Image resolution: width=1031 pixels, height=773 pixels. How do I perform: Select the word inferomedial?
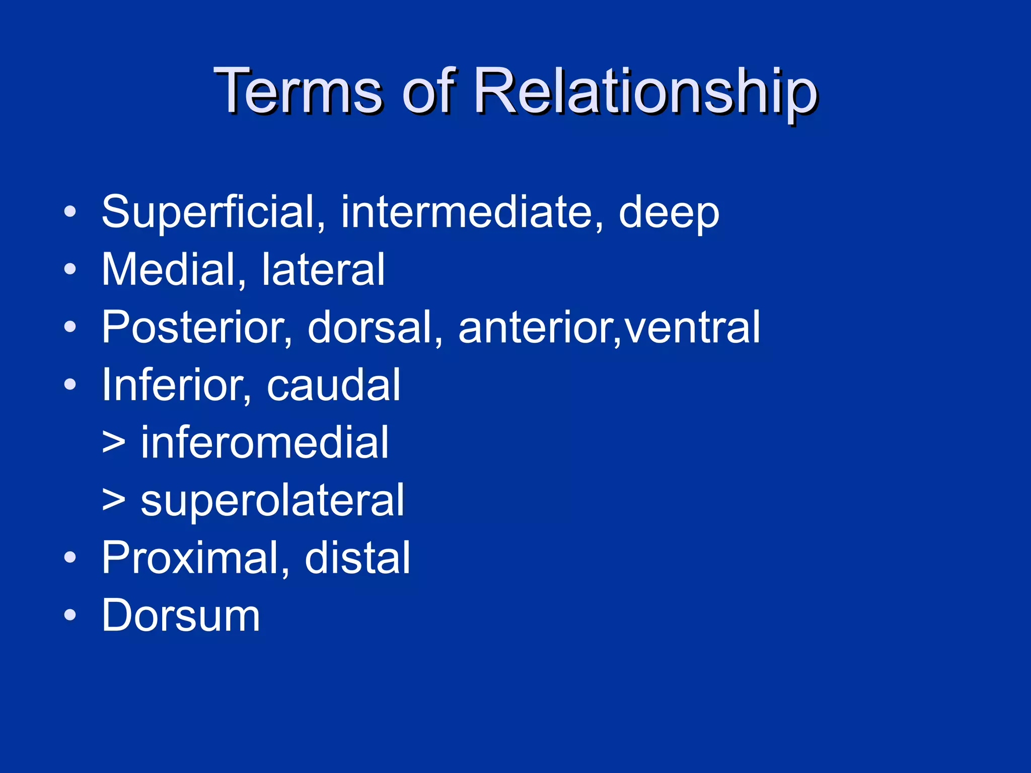[264, 442]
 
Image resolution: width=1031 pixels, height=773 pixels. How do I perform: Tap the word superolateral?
[272, 501]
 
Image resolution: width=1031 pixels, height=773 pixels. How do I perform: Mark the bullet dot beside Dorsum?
[70, 615]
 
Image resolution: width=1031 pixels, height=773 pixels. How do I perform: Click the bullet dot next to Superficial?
[70, 212]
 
